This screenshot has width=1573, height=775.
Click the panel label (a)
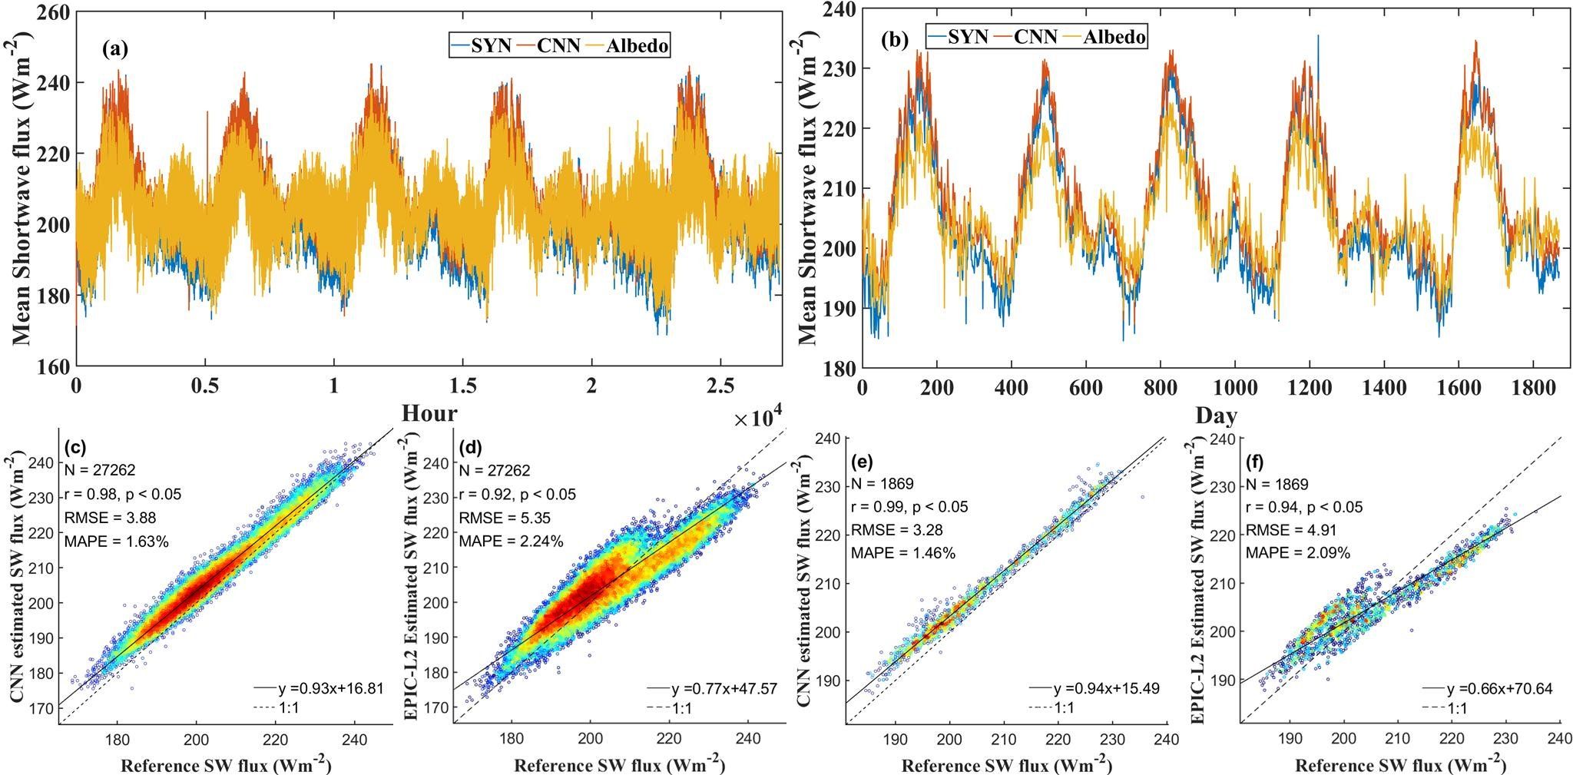114,51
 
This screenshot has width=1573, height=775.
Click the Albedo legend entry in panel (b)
1114,36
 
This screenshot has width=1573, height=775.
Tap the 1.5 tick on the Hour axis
462,384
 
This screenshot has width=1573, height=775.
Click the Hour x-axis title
429,413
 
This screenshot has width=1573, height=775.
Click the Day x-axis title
1216,416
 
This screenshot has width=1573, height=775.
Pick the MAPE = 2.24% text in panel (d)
511,542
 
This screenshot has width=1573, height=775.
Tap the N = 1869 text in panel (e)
881,485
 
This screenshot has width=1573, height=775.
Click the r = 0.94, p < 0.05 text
1303,507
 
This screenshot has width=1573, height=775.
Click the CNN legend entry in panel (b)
1035,36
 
